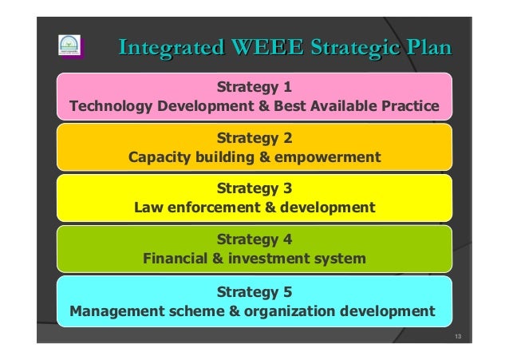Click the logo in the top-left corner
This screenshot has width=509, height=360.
pos(70,45)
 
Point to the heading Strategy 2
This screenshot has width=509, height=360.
pos(254,137)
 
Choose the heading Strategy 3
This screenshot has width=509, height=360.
pos(254,189)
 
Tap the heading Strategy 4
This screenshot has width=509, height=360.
pos(254,239)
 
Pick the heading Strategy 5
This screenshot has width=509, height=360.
pos(254,291)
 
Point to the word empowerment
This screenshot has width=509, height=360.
pos(327,156)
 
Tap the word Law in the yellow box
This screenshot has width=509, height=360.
pos(149,208)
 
